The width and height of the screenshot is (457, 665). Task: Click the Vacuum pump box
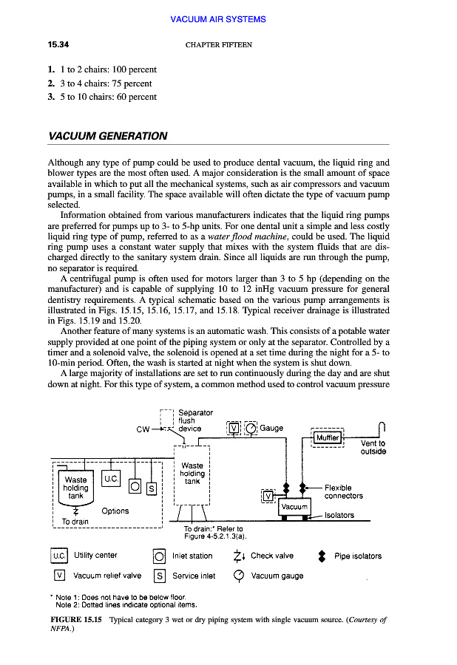pyautogui.click(x=294, y=507)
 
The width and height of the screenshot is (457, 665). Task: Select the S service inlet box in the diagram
pyautogui.click(x=152, y=488)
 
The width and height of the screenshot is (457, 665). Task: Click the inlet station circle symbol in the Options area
pyautogui.click(x=135, y=485)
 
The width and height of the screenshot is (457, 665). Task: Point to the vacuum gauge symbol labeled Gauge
pyautogui.click(x=251, y=429)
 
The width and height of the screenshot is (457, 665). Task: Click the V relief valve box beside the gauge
pyautogui.click(x=234, y=429)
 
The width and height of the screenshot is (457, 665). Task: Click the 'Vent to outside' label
pyautogui.click(x=373, y=448)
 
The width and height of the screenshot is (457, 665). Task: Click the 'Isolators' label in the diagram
pyautogui.click(x=339, y=515)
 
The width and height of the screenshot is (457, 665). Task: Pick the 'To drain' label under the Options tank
pyautogui.click(x=75, y=521)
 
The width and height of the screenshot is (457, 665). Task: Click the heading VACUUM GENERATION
pyautogui.click(x=107, y=136)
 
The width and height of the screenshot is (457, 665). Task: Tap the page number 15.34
pyautogui.click(x=58, y=45)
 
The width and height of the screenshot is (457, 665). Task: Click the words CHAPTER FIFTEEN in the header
pyautogui.click(x=219, y=45)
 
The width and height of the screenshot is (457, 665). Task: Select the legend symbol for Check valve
pyautogui.click(x=237, y=556)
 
